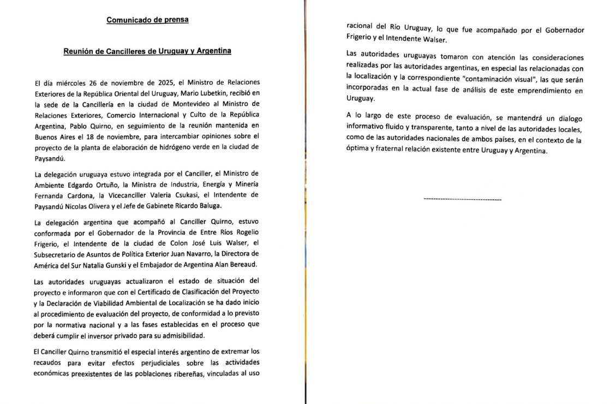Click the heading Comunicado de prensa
[x=148, y=20]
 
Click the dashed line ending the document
[x=463, y=200]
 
